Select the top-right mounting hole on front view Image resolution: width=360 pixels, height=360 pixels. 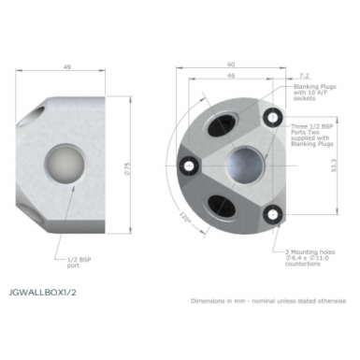point(271,116)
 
